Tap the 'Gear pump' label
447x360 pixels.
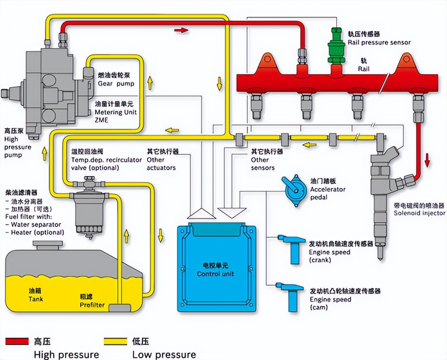[x=116, y=84]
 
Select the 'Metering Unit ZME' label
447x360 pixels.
[x=115, y=112]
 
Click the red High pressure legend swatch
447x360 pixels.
[x=17, y=341]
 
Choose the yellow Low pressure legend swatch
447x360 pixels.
[x=115, y=341]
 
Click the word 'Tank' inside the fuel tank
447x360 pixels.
[x=36, y=299]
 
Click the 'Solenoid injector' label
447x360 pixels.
[x=419, y=213]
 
